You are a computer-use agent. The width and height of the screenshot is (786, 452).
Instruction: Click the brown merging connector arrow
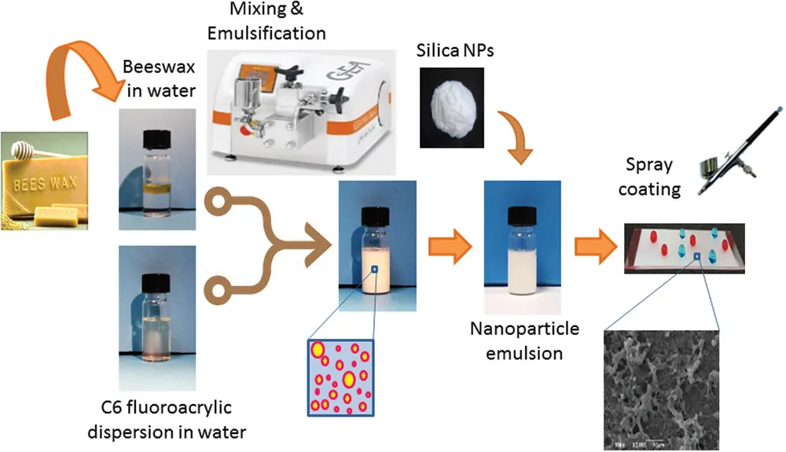coord(267,252)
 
